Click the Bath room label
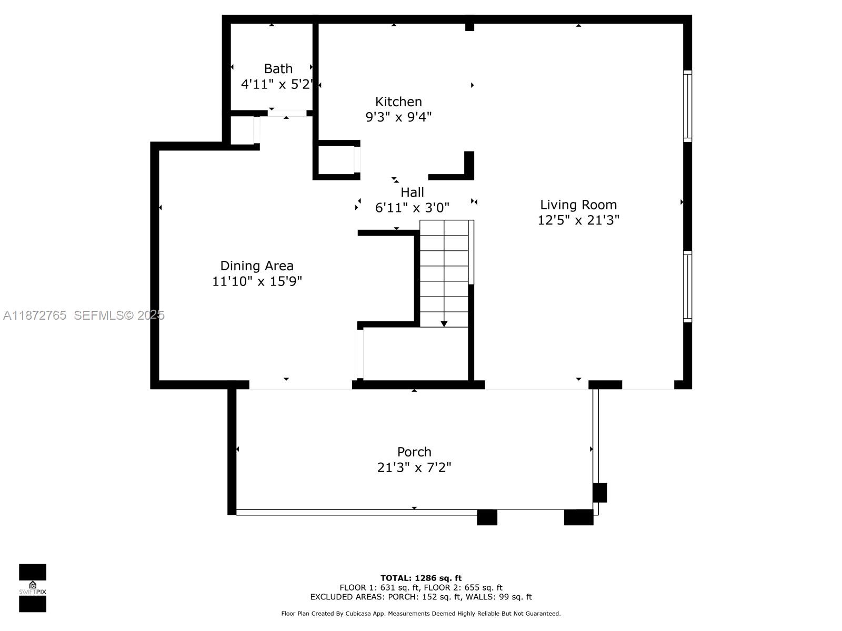[x=278, y=69]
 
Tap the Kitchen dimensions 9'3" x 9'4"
[x=398, y=117]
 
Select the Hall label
[x=412, y=192]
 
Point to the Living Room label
[x=578, y=205]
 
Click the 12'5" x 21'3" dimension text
[x=578, y=220]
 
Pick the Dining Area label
[x=257, y=266]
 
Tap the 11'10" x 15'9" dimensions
[x=257, y=281]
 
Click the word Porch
[x=414, y=452]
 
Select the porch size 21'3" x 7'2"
[x=414, y=467]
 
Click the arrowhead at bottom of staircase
[x=444, y=324]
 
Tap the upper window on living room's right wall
[x=687, y=106]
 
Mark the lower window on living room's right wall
[x=687, y=287]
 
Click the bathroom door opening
[x=287, y=113]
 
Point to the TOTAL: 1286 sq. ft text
[x=421, y=578]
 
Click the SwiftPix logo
[x=33, y=587]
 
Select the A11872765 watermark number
[x=35, y=315]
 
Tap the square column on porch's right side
[x=599, y=493]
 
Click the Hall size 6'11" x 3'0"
[x=412, y=208]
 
